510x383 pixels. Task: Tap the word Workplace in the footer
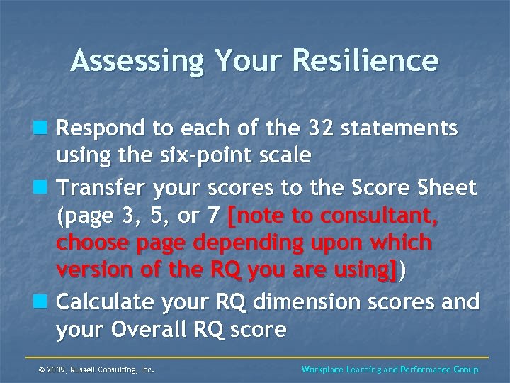[324, 370]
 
